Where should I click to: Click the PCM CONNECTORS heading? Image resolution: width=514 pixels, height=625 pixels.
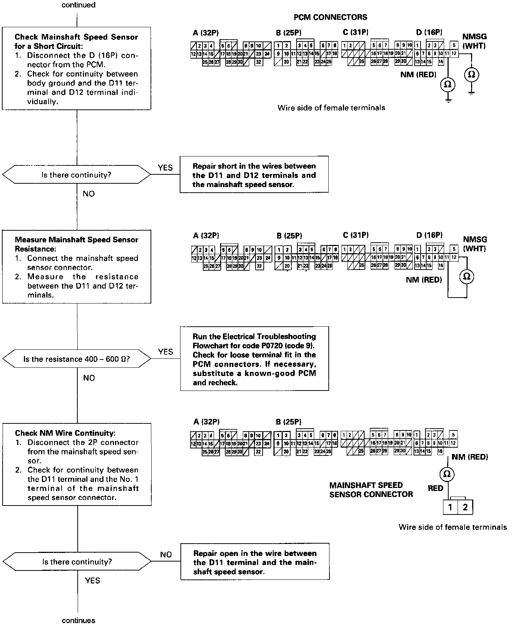coord(330,17)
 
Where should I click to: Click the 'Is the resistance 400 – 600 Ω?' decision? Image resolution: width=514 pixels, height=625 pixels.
coord(77,359)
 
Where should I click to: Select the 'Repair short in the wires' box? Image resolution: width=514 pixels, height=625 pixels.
coord(254,175)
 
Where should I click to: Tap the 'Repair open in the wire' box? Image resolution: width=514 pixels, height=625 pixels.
coord(255,562)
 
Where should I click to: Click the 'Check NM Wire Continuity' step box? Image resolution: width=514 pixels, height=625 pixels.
coord(77,464)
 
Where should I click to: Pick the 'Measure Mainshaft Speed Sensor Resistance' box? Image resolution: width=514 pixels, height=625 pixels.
coord(77,267)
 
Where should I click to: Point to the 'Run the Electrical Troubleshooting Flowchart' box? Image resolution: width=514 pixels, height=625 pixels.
coord(254,359)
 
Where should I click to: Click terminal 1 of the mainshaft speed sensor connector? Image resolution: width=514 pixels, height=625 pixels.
coord(450,507)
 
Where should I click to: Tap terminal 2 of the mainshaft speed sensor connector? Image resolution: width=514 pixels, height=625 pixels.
coord(465,507)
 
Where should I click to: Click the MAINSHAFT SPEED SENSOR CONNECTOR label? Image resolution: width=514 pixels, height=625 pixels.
coord(371,490)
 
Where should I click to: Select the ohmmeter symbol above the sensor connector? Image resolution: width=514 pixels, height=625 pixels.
coord(446,474)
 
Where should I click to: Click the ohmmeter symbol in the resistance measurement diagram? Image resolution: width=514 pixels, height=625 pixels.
coord(467,276)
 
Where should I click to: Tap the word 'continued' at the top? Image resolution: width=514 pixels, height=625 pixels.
coord(78,5)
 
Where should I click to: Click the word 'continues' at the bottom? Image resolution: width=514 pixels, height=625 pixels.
coord(78,621)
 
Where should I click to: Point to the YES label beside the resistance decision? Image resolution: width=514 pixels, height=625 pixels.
coord(165,352)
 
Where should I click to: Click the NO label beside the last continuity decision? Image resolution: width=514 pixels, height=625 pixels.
coord(166,555)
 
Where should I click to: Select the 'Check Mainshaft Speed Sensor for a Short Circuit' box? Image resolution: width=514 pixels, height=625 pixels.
coord(77,68)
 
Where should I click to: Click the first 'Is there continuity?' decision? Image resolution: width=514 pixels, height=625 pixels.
coord(77,175)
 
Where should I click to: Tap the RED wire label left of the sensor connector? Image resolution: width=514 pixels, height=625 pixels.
coord(435,488)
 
